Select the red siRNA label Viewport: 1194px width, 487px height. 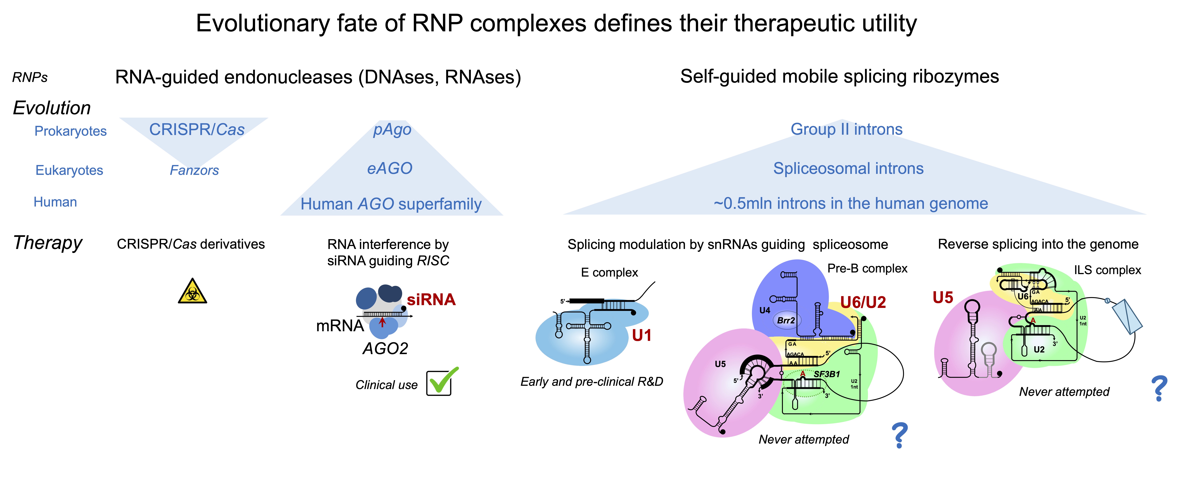(431, 300)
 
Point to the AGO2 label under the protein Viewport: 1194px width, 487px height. (385, 348)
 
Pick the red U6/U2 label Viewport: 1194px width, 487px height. (863, 302)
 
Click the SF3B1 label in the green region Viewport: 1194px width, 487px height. (827, 374)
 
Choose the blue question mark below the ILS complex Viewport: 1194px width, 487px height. (1159, 388)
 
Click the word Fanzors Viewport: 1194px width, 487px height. (194, 170)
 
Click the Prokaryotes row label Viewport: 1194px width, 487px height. (71, 131)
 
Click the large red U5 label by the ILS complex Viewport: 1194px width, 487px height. (943, 297)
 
